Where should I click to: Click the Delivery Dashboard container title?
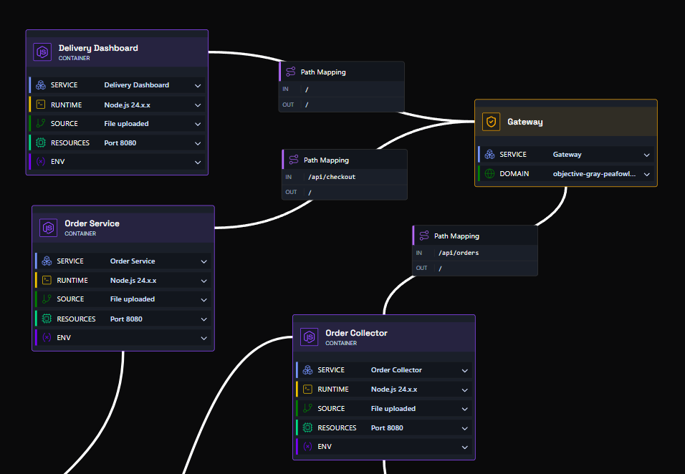click(98, 48)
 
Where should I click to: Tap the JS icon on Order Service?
click(49, 228)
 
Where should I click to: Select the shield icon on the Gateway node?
click(491, 122)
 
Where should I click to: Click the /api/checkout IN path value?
click(332, 177)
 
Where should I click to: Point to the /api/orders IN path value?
click(459, 253)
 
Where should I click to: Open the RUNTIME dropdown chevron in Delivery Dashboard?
click(198, 105)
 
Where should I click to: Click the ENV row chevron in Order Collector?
click(465, 448)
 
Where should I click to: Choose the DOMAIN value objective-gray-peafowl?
click(594, 174)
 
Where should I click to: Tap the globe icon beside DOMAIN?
click(489, 174)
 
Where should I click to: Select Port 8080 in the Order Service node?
click(126, 319)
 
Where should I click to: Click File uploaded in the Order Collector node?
click(393, 409)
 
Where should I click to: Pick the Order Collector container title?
click(357, 333)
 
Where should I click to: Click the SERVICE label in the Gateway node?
click(513, 155)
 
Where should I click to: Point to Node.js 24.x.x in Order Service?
click(133, 280)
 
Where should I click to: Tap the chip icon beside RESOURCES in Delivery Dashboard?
click(41, 142)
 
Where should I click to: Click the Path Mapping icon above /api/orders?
click(424, 236)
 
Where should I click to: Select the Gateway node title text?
click(525, 122)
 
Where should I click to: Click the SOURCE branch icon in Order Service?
click(47, 299)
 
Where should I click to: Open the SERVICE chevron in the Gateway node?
click(646, 155)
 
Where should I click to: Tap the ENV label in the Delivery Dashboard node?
click(57, 162)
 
